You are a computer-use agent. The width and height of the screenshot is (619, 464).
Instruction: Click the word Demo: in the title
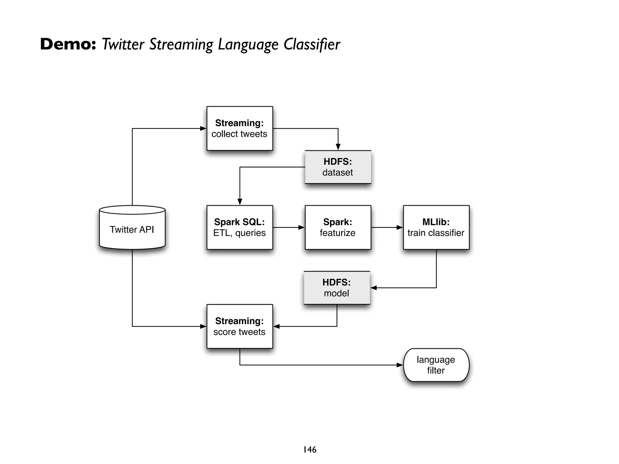[68, 44]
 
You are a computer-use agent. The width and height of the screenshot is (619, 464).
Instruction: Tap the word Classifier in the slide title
[312, 44]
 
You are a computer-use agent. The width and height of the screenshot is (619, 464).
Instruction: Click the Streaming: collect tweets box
[240, 128]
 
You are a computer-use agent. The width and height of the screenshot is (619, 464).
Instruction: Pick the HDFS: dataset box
[338, 167]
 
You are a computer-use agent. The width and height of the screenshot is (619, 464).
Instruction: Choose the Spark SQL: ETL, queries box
[240, 227]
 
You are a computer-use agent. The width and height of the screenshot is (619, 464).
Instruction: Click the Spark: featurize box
[338, 227]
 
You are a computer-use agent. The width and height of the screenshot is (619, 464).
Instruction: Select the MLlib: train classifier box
[436, 227]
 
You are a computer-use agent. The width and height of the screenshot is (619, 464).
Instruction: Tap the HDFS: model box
[337, 288]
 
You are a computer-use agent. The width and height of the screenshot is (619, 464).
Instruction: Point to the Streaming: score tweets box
[240, 326]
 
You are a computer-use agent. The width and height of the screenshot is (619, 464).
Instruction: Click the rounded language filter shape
[436, 365]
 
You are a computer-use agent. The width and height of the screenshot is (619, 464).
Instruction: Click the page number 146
[310, 449]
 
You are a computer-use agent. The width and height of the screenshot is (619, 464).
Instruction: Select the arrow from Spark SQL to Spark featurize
[289, 227]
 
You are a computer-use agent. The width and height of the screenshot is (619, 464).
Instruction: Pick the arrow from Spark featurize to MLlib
[387, 227]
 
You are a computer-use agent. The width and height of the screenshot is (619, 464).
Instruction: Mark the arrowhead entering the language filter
[400, 365]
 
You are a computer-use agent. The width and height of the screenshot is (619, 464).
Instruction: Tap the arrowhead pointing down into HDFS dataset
[338, 147]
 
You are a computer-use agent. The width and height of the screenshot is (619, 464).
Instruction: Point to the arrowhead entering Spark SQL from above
[240, 202]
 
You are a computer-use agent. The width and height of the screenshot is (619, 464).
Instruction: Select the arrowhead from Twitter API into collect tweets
[203, 128]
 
